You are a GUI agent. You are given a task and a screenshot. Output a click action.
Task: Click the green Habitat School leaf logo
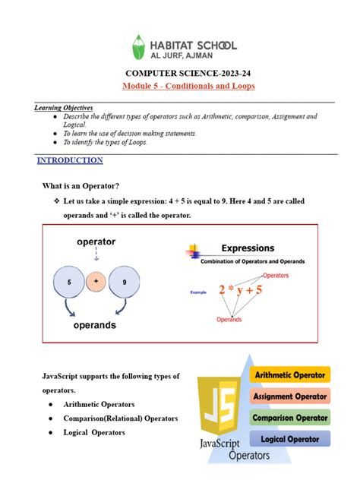[139, 47]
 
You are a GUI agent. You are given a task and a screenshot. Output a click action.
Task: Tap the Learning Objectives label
[63, 108]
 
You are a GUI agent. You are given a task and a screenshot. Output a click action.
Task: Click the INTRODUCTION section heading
[70, 161]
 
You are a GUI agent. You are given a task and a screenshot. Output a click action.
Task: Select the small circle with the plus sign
[96, 282]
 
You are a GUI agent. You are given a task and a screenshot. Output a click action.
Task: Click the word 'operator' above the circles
[96, 242]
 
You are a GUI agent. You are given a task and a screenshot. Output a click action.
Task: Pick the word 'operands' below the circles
[94, 325]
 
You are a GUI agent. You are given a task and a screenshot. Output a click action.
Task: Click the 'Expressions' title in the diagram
[248, 248]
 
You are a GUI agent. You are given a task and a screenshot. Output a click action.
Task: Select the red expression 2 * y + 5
[242, 289]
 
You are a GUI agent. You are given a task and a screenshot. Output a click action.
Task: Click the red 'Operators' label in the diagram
[276, 275]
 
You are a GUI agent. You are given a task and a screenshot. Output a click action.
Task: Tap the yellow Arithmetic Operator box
[290, 374]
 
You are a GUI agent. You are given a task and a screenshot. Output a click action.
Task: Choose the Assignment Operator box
[290, 396]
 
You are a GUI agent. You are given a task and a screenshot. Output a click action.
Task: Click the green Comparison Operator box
[290, 417]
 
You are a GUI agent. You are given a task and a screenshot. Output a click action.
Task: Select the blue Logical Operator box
[290, 438]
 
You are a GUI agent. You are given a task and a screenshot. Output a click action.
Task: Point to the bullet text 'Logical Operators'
[95, 432]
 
